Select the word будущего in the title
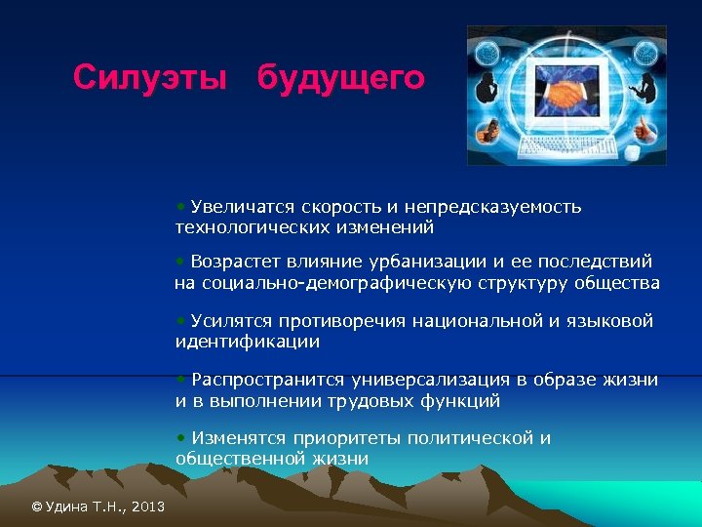(x=340, y=77)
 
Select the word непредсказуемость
(x=496, y=207)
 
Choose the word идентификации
(x=248, y=342)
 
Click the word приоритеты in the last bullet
(x=340, y=438)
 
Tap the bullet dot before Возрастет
(x=180, y=262)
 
